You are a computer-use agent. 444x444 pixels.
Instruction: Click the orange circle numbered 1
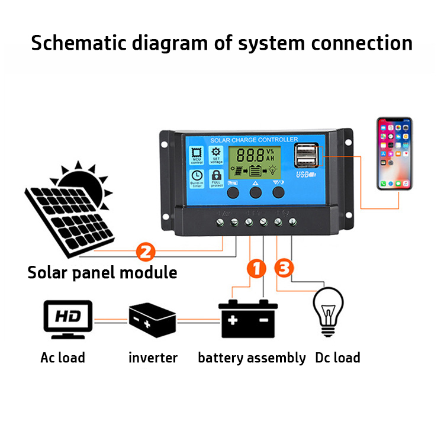255,268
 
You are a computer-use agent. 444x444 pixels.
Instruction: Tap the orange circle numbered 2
146,250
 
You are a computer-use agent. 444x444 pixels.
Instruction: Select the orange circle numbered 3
284,268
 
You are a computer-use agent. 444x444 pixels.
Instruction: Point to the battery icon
248,318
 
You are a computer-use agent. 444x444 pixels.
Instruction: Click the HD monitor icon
69,319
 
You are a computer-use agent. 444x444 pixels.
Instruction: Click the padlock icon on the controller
216,176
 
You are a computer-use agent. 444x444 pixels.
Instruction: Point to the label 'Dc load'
337,358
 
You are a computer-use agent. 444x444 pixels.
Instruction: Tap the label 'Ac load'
63,358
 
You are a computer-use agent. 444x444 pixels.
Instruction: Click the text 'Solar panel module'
102,273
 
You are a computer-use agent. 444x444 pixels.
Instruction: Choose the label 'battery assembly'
252,358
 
